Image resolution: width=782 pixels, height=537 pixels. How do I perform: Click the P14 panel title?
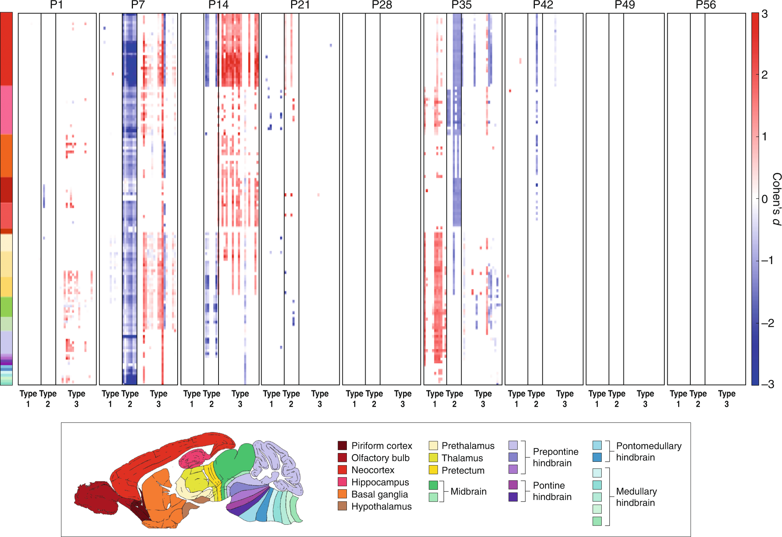point(218,5)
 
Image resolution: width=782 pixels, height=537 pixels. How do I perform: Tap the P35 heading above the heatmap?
point(461,5)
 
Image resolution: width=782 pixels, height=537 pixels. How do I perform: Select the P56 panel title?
point(706,5)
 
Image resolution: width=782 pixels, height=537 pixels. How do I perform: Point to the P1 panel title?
point(57,5)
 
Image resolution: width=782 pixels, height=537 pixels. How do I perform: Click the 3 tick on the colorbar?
point(764,14)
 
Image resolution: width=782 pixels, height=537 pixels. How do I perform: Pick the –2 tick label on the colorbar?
point(767,323)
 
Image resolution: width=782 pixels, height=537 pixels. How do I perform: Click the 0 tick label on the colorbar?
point(764,199)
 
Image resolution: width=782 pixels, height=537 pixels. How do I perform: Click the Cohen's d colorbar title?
point(776,198)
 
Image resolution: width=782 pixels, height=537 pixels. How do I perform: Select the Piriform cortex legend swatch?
point(342,445)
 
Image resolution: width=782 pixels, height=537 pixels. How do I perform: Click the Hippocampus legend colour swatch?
point(342,482)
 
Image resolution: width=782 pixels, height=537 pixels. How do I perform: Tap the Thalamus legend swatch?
point(433,458)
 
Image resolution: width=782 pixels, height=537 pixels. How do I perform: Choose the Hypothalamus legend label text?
point(381,506)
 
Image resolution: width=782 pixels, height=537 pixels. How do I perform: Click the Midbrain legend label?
point(468,491)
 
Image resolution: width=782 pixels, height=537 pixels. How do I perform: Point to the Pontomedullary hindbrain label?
point(648,452)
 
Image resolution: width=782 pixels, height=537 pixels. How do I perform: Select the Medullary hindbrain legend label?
point(636,497)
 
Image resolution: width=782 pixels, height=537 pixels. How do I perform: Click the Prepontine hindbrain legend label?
point(555,457)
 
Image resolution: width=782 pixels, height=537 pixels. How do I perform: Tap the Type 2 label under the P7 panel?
point(130,398)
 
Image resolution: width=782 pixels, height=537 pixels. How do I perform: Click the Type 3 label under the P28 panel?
point(403,398)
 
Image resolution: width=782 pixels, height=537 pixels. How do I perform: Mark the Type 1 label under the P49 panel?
point(597,398)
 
